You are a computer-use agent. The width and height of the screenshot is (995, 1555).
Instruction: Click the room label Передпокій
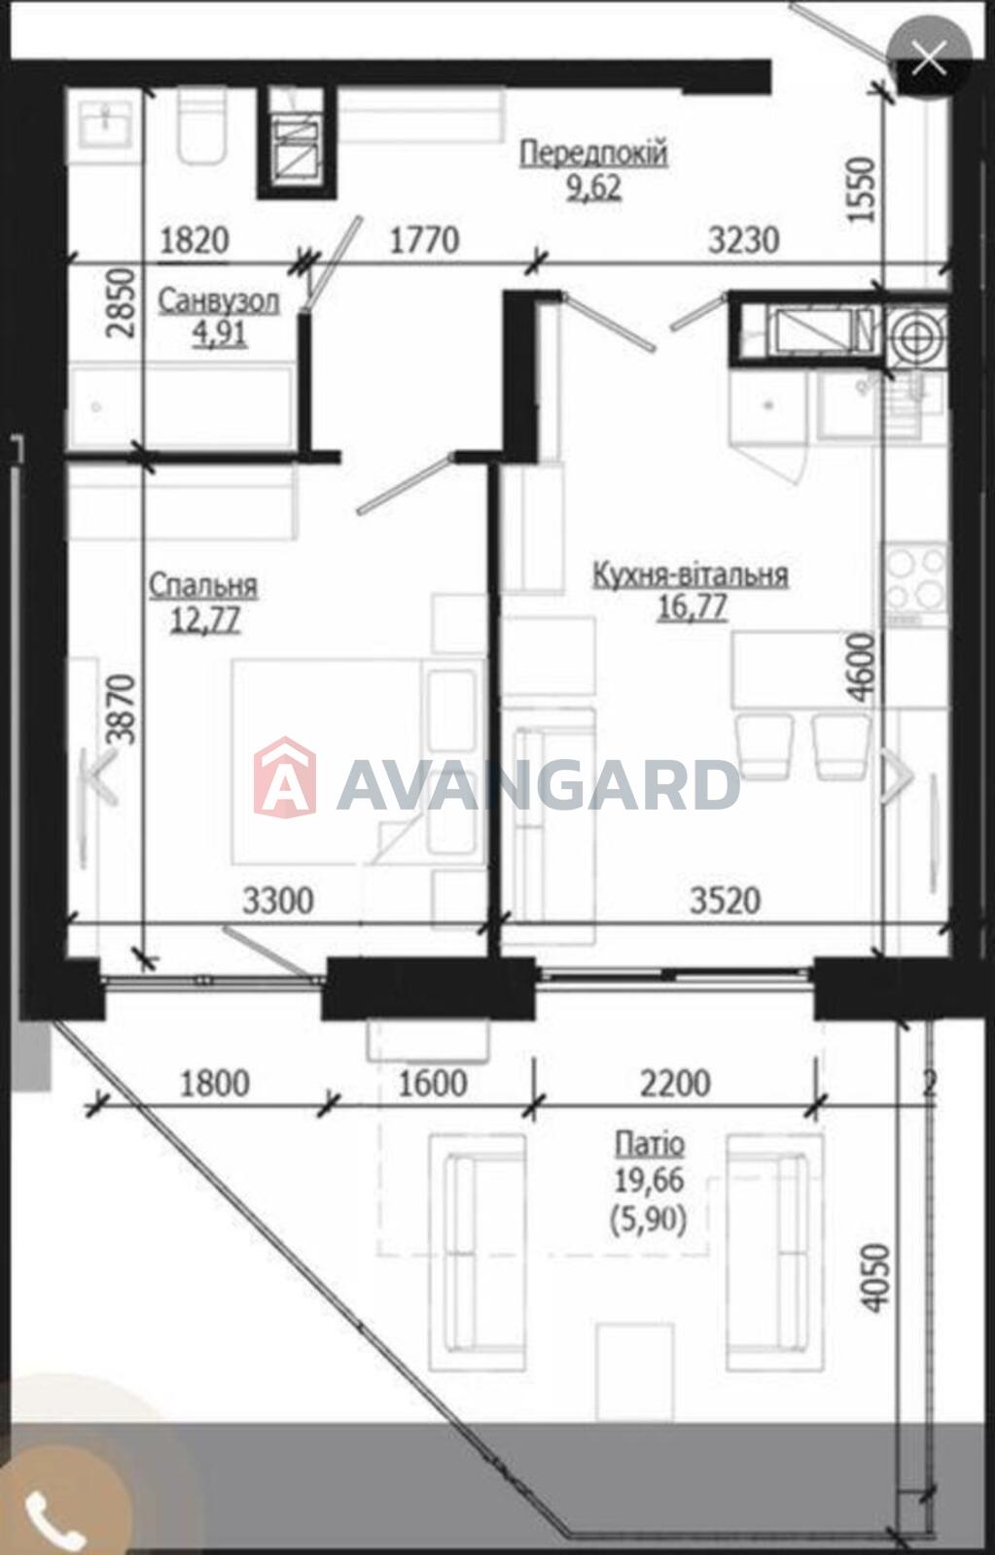click(x=594, y=153)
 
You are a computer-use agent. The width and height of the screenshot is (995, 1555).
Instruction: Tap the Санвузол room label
click(x=219, y=302)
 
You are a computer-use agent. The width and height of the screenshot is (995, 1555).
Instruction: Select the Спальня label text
click(x=203, y=587)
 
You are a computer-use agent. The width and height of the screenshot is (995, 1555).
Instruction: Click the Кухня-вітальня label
click(x=690, y=575)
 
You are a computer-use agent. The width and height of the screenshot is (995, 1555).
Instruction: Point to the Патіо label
click(x=650, y=1144)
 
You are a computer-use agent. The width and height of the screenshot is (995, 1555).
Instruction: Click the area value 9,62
click(x=594, y=188)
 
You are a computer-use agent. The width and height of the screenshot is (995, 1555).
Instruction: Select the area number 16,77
click(x=693, y=607)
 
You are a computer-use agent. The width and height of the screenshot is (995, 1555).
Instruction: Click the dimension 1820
click(x=195, y=241)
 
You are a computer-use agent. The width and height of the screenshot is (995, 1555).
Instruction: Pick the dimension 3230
click(x=743, y=241)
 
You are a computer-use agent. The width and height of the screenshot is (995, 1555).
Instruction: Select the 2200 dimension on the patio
click(x=675, y=1084)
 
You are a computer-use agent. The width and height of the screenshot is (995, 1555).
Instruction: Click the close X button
click(x=929, y=58)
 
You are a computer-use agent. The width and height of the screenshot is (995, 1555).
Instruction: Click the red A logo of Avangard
click(x=285, y=777)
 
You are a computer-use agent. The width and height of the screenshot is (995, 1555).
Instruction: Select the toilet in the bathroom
click(x=203, y=125)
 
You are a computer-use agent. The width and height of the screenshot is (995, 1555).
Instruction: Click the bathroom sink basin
click(x=106, y=123)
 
